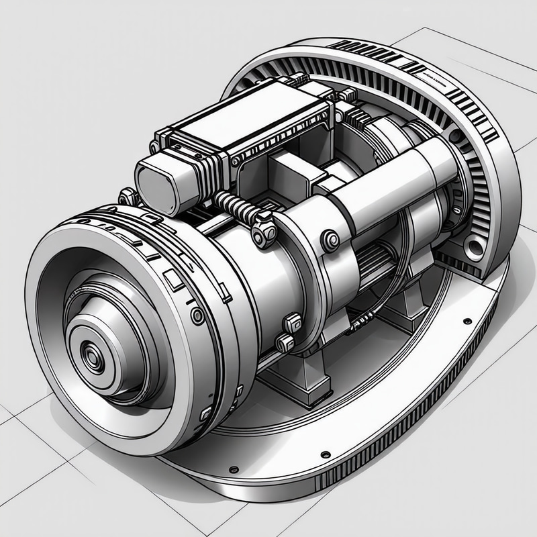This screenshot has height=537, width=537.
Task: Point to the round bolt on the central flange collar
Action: point(330,240)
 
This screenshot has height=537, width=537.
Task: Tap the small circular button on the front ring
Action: point(197,315)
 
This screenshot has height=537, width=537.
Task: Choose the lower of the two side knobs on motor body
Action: point(284,343)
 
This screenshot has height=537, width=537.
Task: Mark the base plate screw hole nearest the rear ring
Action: point(467,303)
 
